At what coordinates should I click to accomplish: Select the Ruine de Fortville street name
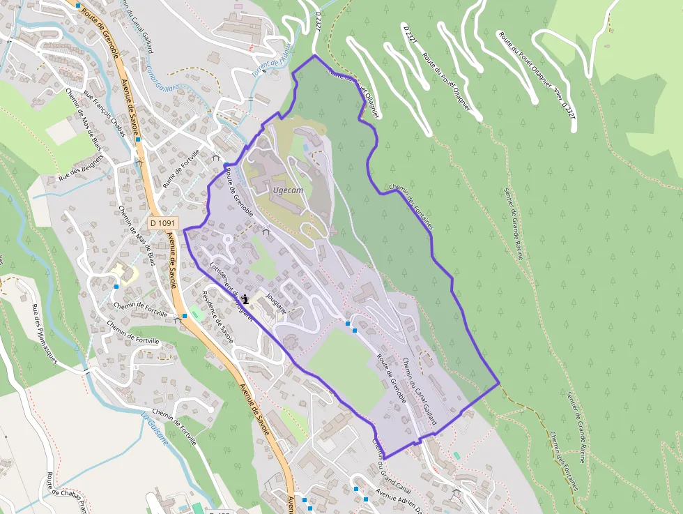(x=181, y=169)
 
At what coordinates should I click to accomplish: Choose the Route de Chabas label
(x=66, y=492)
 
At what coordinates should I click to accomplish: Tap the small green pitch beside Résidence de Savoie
(x=195, y=314)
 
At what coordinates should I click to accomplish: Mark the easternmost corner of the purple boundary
(x=499, y=383)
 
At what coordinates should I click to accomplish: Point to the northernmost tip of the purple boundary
(x=315, y=55)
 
